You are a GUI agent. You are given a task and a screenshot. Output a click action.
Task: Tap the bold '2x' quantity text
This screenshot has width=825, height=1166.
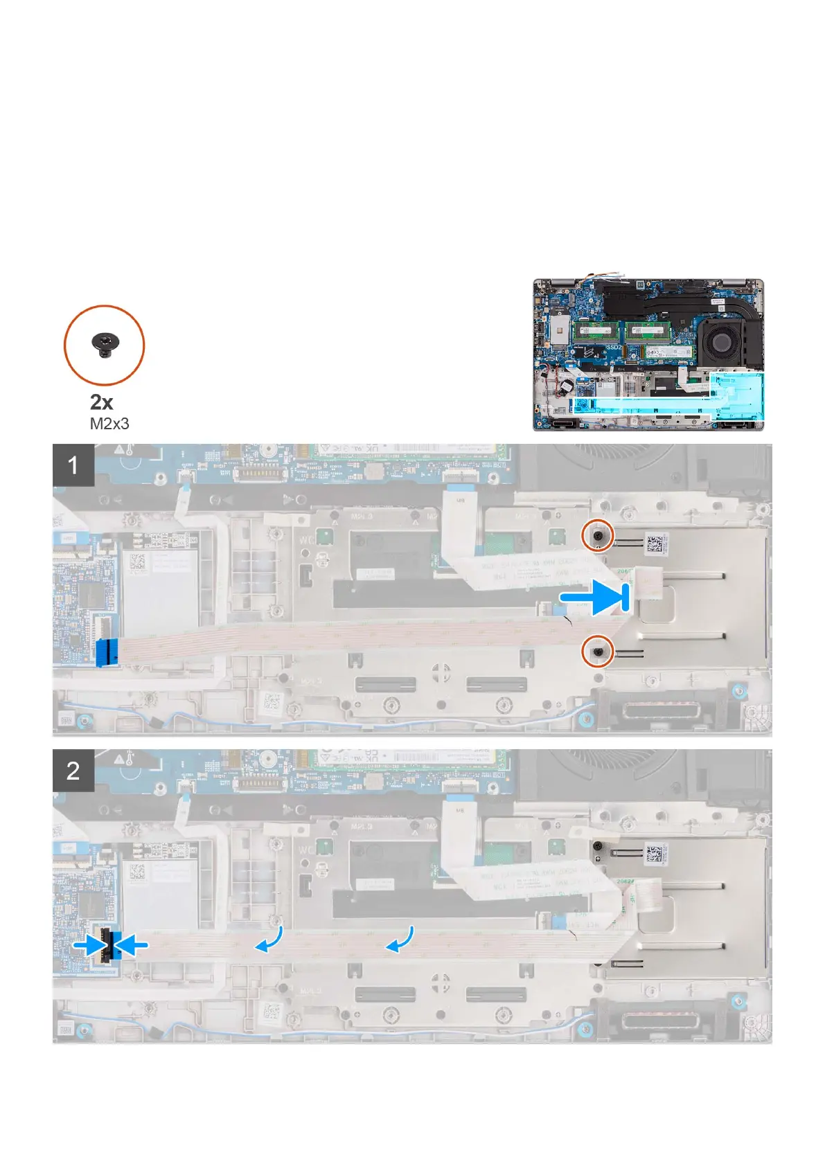[x=102, y=402]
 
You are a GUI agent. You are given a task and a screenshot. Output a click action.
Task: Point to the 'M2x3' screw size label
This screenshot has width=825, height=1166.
[x=109, y=423]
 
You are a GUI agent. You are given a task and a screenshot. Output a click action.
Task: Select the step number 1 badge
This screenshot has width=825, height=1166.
[x=73, y=465]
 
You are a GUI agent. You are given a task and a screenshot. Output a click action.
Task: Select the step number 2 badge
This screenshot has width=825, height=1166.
[x=73, y=771]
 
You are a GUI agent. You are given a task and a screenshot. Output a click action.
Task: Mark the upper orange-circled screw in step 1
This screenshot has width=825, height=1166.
[x=597, y=535]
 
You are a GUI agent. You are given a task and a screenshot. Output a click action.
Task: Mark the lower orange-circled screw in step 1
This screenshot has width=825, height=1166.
[x=597, y=651]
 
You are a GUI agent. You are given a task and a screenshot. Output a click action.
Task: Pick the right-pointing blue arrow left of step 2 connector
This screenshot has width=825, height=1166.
[x=91, y=945]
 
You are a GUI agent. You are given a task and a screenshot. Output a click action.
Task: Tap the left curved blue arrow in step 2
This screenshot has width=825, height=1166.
[x=269, y=940]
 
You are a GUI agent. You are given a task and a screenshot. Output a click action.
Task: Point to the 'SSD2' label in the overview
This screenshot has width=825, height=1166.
[x=613, y=348]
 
